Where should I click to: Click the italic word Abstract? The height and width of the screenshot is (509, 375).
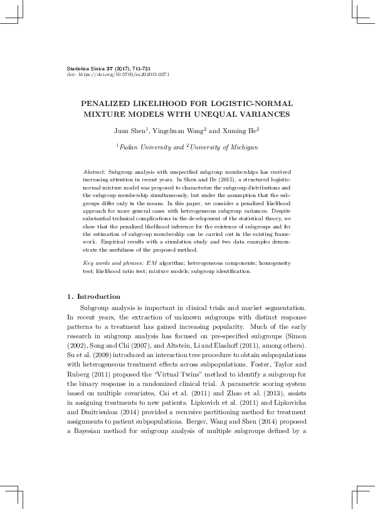(x=94, y=171)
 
